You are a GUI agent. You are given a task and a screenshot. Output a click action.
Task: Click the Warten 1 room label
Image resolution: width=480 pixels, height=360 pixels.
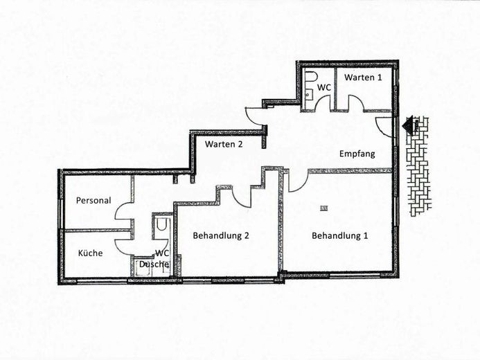pos(363,77)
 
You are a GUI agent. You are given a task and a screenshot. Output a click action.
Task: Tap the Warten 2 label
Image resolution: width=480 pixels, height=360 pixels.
pos(224,144)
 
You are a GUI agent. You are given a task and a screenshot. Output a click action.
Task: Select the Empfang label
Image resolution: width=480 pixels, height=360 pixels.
pos(357,154)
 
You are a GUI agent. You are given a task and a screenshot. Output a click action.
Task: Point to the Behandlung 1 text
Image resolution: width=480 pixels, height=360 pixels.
pos(340,236)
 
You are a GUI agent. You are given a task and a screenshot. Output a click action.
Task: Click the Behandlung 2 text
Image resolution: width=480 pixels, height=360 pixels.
pos(221,236)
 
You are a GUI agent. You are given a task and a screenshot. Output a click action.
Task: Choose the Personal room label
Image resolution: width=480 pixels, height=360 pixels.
pos(94,200)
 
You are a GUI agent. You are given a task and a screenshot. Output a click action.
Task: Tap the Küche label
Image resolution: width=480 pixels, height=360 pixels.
pos(90,253)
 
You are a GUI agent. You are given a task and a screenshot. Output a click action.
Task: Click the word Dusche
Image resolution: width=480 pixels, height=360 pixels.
pos(154,264)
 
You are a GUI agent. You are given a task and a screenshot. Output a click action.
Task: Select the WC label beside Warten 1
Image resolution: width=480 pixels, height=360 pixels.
pos(324,87)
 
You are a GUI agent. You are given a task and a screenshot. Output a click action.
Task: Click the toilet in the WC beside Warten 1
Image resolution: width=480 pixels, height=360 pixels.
pos(310,77)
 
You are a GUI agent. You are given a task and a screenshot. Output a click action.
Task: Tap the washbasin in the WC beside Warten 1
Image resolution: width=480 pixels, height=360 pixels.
pos(309,93)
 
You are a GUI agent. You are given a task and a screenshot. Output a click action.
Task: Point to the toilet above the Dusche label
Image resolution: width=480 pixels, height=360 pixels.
pos(161,225)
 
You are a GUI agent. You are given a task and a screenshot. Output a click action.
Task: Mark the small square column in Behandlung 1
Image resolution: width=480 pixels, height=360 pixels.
pos(324,208)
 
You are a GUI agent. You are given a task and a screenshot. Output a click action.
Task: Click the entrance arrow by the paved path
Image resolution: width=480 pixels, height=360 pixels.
pos(409,124)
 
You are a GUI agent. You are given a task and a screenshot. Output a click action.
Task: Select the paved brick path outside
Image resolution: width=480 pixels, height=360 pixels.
pos(419,167)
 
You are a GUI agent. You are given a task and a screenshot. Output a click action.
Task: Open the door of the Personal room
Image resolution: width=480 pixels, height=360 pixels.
pos(124,211)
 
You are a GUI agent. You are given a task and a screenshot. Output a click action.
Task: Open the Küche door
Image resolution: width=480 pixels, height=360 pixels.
pos(124,246)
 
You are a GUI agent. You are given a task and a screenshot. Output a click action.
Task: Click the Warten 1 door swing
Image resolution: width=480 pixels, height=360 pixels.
pos(356,102)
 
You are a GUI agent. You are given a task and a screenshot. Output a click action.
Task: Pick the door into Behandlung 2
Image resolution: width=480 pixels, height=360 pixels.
pos(242,197)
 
